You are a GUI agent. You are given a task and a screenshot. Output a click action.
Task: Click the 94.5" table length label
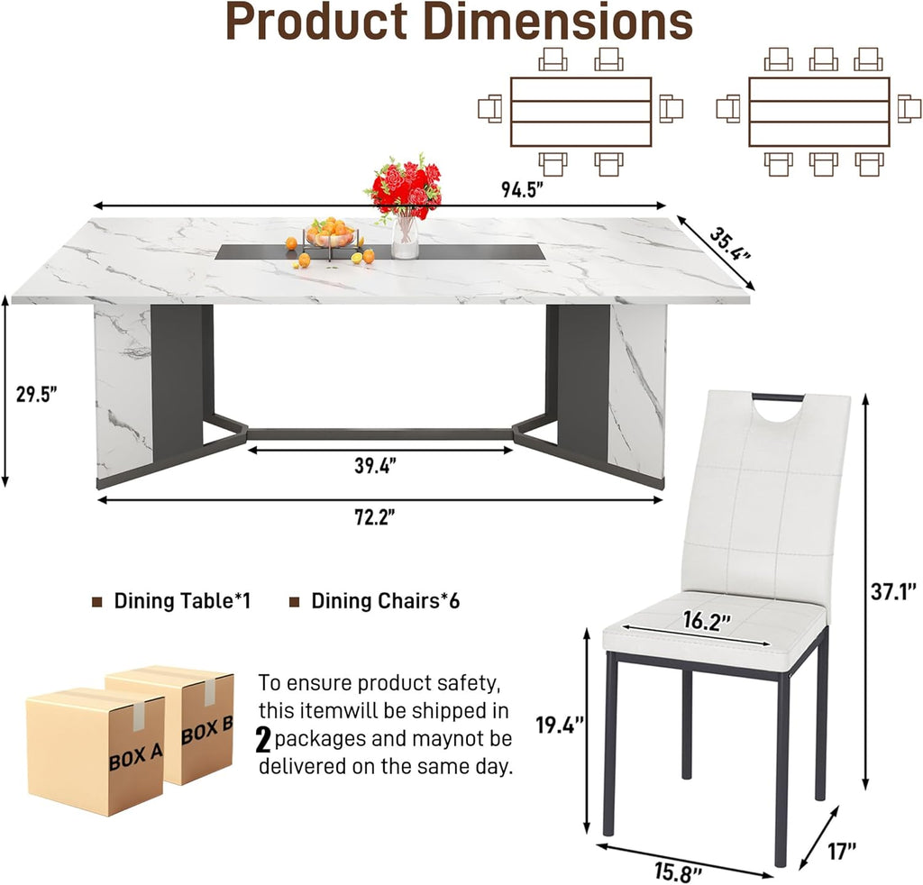(522, 190)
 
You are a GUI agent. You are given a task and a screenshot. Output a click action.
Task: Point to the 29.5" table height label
(36, 394)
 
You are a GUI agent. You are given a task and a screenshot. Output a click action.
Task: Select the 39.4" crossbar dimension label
(375, 465)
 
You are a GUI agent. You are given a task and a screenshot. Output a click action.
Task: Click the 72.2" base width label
(374, 517)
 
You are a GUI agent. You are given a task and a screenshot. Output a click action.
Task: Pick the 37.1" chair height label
(893, 591)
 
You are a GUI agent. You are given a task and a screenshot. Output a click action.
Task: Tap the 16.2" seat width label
(707, 621)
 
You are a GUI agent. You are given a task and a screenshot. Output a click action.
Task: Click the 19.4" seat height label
(559, 725)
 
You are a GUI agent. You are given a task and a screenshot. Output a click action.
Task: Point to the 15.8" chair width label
(678, 871)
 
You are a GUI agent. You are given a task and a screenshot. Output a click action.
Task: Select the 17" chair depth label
(842, 851)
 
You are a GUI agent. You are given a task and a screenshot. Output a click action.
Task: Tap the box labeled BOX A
(95, 752)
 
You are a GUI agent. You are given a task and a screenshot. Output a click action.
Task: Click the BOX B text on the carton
(206, 730)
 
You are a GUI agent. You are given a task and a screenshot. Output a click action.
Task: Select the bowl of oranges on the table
(330, 235)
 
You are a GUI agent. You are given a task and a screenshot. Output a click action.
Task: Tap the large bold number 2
(263, 740)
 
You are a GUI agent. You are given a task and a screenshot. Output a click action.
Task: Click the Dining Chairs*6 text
(386, 601)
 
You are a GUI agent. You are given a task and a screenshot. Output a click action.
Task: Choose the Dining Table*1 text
(182, 601)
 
